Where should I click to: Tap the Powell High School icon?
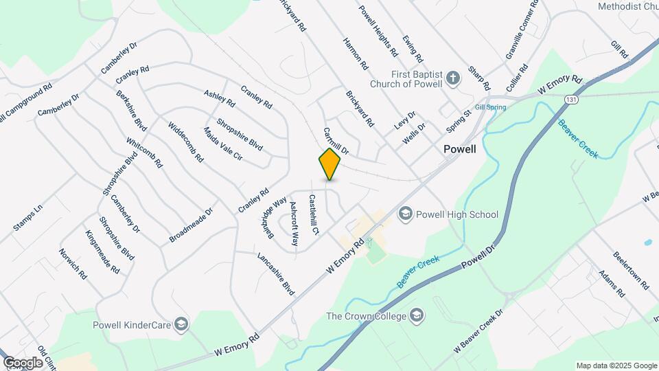point(405,214)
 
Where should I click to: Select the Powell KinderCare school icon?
point(181,324)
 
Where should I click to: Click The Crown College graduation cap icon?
point(417,316)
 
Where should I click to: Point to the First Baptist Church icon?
point(452,78)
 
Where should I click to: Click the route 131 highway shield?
point(571,100)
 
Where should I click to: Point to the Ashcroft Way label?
point(294,223)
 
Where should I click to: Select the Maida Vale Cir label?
point(222,144)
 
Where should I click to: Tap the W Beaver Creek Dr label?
point(478,333)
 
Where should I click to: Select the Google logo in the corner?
point(23,363)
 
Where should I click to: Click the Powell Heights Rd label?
point(378,31)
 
